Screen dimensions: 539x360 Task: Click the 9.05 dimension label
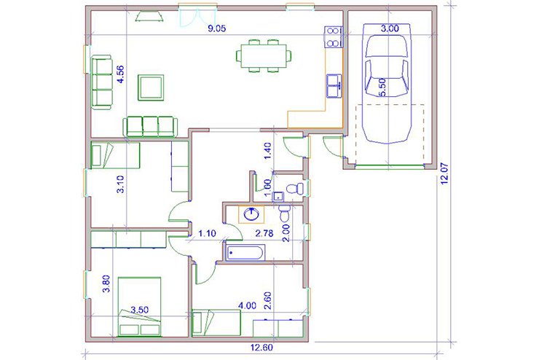click(x=217, y=28)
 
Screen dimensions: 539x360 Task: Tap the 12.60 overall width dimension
click(x=261, y=348)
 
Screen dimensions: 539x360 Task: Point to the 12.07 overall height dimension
click(x=444, y=174)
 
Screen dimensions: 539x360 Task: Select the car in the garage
click(x=388, y=83)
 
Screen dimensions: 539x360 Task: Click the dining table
click(x=264, y=56)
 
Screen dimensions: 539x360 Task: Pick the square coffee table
click(x=151, y=87)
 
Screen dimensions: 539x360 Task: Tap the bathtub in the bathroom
click(x=245, y=253)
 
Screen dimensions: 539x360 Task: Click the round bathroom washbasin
click(x=251, y=214)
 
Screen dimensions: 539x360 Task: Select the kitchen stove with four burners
click(x=333, y=36)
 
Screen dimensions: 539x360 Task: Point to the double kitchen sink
click(x=334, y=85)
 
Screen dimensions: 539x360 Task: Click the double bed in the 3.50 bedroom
click(x=139, y=306)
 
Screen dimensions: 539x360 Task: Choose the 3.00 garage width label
click(x=390, y=28)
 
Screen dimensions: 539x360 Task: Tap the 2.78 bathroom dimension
click(x=264, y=233)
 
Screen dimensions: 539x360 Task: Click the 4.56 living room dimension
click(x=121, y=74)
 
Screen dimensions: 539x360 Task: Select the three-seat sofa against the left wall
click(x=102, y=82)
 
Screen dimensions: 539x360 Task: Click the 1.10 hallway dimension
click(x=207, y=233)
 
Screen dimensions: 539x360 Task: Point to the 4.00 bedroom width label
click(x=248, y=305)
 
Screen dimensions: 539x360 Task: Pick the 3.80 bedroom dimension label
click(x=106, y=284)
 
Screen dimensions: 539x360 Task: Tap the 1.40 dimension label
click(x=268, y=151)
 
